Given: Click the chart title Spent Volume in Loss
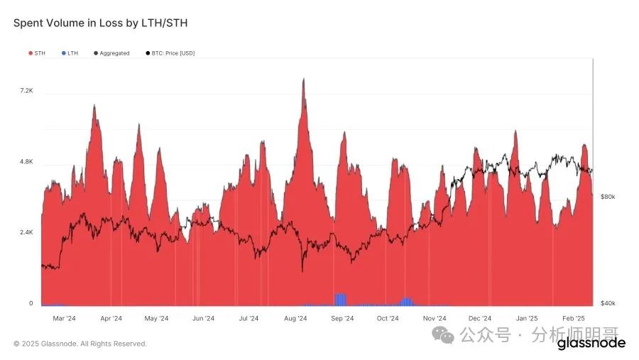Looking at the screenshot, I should coord(100,23).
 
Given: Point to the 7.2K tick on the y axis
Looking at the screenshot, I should coord(26,91).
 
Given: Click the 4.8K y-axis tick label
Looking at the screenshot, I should coord(26,162).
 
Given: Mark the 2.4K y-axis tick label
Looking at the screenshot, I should coord(26,232).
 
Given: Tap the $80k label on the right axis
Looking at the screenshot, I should coord(607,197).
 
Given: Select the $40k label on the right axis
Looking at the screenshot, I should coord(607,303).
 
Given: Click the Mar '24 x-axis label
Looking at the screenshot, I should coord(65,319).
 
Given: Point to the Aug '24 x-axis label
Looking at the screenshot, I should coord(295,319).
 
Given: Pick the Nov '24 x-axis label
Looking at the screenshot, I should coord(435,319).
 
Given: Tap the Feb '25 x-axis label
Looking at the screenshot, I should coord(573,319).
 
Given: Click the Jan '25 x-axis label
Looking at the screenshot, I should coord(526,319).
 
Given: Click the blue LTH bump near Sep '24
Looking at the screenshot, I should coord(340,299).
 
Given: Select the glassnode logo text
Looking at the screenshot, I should coord(591,344).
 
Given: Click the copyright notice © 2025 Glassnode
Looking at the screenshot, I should coord(80,344).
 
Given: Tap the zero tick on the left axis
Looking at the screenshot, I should coord(31,303).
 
